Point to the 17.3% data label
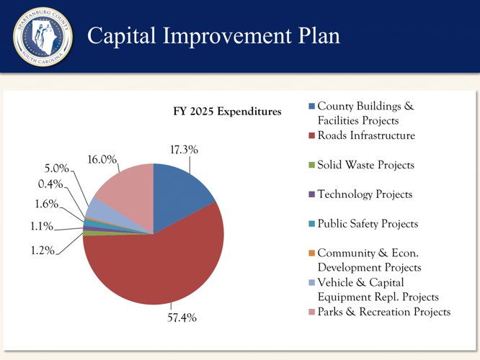click(184, 150)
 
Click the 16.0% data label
click(102, 159)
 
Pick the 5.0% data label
click(55, 169)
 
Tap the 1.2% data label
click(41, 253)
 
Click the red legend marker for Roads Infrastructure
click(311, 135)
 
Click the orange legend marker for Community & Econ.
click(311, 253)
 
